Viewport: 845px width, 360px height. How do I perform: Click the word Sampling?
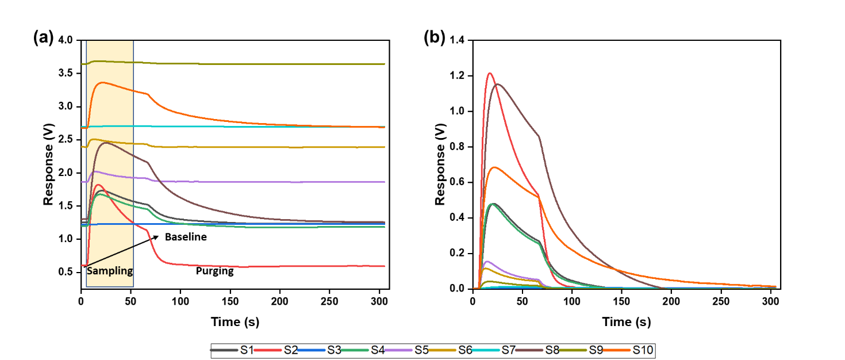[110, 271]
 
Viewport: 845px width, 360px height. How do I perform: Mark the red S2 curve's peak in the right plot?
[490, 73]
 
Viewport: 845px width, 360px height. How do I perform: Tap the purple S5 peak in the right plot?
[487, 262]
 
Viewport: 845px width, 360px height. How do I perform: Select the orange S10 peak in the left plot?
[102, 82]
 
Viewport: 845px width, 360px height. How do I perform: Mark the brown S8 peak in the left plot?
[106, 143]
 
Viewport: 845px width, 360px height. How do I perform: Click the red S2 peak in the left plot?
[98, 185]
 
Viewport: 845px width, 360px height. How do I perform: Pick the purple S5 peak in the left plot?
[96, 171]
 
